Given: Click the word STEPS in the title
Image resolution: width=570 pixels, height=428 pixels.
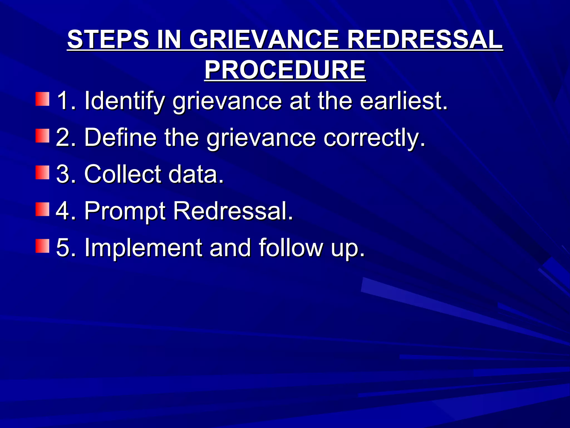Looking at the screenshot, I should point(108,40).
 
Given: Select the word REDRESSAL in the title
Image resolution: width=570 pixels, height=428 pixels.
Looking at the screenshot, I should point(425,40).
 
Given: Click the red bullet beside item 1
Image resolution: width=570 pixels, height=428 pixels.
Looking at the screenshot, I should point(42,99).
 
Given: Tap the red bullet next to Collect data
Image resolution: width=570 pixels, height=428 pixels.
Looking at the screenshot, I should point(42,173).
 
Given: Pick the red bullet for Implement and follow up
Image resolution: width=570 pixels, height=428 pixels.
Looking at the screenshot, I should point(42,246).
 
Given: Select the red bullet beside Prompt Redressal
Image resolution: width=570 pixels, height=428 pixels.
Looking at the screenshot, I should point(42,210).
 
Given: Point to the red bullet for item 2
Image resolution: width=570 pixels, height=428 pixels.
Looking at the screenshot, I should point(42,136).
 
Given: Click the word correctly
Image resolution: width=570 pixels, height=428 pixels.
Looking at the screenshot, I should point(374,138).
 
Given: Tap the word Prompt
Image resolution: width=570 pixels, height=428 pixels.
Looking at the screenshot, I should point(125,211).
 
